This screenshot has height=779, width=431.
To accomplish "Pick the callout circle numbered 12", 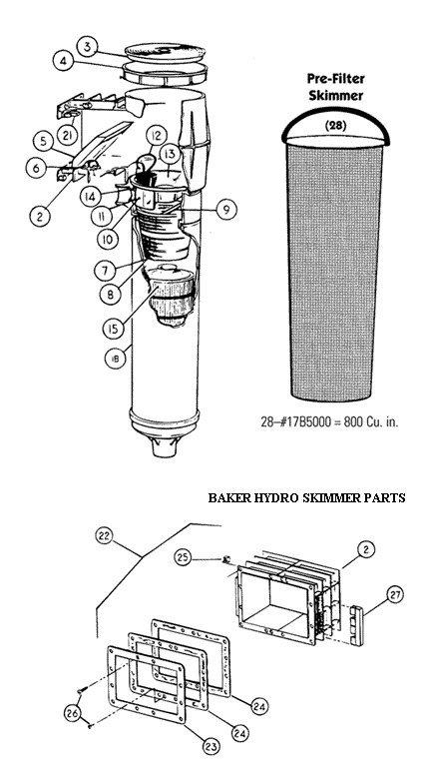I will tap(156, 135).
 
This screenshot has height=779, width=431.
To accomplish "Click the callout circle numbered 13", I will tap(170, 153).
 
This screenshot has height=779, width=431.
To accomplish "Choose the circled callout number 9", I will tap(227, 209).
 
